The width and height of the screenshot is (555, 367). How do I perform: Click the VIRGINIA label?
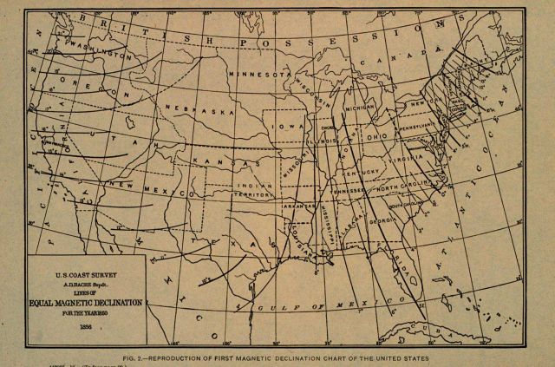(x=408, y=161)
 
